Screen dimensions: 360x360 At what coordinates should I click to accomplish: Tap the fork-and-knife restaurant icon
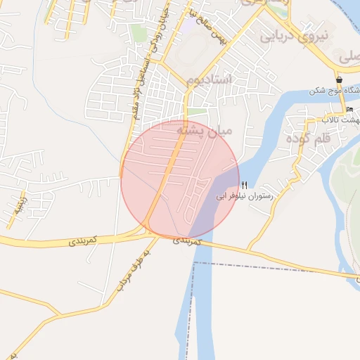(x=244, y=185)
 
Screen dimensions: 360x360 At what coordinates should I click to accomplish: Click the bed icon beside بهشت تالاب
(x=349, y=110)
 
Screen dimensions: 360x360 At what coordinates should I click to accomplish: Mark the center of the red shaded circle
(x=180, y=179)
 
